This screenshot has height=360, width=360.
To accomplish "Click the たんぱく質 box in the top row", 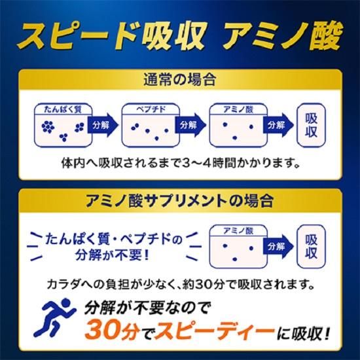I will coord(62,124).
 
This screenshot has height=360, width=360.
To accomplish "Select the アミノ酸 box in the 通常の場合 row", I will coord(236,124).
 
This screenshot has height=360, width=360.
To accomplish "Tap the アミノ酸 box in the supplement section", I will coord(236,245).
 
